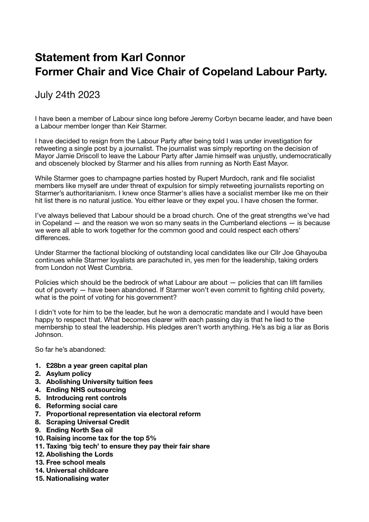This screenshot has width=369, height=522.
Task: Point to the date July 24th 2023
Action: coord(67,94)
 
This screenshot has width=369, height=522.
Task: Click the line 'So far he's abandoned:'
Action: coord(71,349)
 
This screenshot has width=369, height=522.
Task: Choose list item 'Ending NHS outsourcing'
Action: coord(86,390)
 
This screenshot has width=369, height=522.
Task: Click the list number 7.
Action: coord(38,414)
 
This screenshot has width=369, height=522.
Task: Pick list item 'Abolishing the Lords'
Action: coord(79,454)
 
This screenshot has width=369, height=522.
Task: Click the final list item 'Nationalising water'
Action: coord(78,478)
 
